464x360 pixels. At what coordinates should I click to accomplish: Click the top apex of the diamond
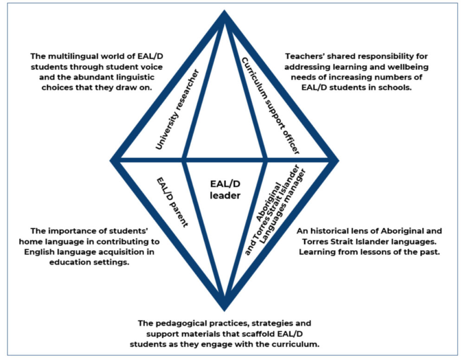(x=225, y=14)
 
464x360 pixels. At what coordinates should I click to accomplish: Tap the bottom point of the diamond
(x=225, y=308)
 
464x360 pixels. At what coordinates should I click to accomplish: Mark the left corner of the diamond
(x=112, y=161)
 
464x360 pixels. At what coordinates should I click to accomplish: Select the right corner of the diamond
(x=337, y=161)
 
